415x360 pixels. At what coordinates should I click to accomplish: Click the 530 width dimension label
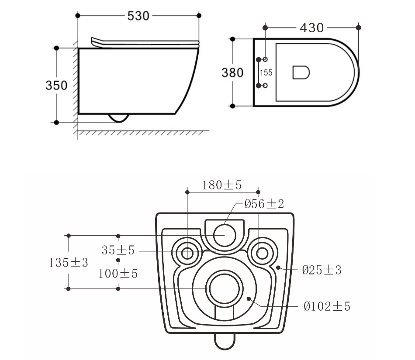coord(138,16)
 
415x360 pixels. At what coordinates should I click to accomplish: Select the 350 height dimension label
coord(56,86)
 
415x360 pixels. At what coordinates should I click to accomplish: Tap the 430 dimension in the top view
coord(311,28)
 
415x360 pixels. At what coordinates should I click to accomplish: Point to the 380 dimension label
coord(232,73)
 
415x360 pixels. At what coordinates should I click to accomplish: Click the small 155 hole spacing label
coord(266,73)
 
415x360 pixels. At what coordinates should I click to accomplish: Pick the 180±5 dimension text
coord(222,185)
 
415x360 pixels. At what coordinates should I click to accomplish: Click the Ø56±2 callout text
coord(264,204)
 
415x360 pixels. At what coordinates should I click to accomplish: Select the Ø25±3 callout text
coord(322,270)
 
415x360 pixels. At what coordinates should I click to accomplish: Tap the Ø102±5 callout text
coord(327,307)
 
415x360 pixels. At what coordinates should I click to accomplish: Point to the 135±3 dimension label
coord(68,263)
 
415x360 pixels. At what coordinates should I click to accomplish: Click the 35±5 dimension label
coord(118,250)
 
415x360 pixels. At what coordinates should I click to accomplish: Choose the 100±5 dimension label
coord(118,274)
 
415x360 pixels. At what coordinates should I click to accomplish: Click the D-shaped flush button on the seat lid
coord(301,72)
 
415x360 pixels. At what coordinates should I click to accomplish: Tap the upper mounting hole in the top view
coord(265,59)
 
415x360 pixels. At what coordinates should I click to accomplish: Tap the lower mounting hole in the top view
coord(265,86)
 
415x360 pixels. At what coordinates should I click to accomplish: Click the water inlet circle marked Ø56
coord(225,235)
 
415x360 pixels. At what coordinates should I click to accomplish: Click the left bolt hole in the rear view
coord(187,253)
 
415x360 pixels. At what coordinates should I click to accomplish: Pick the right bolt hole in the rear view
coord(262,253)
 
